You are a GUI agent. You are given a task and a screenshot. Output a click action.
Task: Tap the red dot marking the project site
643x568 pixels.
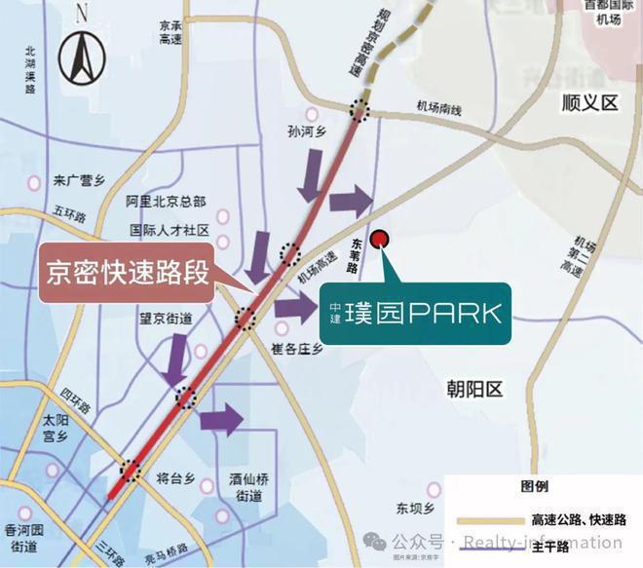[382, 237]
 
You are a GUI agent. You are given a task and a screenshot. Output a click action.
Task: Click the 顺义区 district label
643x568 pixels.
[590, 102]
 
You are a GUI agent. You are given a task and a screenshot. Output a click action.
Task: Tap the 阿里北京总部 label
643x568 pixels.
[167, 202]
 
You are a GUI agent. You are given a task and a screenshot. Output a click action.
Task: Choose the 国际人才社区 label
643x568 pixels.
[170, 232]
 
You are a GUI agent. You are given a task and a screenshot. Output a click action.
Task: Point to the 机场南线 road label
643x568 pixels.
[436, 113]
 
